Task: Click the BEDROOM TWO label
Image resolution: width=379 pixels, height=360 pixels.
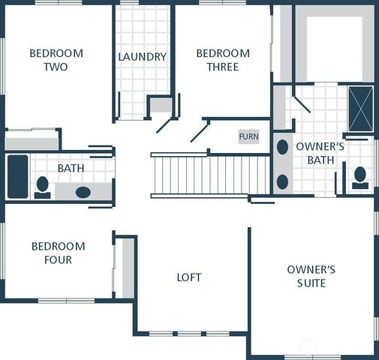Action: [x=56, y=60]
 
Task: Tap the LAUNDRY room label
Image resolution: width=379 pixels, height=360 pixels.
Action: [x=143, y=57]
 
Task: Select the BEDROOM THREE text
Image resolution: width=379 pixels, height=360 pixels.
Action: [x=223, y=60]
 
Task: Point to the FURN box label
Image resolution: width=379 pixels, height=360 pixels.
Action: [x=248, y=136]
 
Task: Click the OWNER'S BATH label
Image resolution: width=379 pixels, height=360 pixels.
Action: [x=320, y=153]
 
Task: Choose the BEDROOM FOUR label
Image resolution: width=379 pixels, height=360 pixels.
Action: [x=58, y=253]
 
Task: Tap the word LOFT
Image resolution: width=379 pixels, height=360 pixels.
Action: [x=189, y=277]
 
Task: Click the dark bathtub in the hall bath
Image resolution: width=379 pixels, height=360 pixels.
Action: [x=17, y=177]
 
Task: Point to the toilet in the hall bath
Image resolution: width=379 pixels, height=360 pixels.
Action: [x=43, y=186]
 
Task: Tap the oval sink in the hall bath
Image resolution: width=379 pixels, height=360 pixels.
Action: [x=83, y=192]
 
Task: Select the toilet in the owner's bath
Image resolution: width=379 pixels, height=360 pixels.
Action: [x=359, y=177]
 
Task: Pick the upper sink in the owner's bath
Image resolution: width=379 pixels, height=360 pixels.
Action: [x=282, y=147]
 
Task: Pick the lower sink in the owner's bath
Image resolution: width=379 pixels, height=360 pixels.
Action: [x=282, y=181]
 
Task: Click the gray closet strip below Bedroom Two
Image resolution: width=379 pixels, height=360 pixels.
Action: [x=31, y=142]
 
